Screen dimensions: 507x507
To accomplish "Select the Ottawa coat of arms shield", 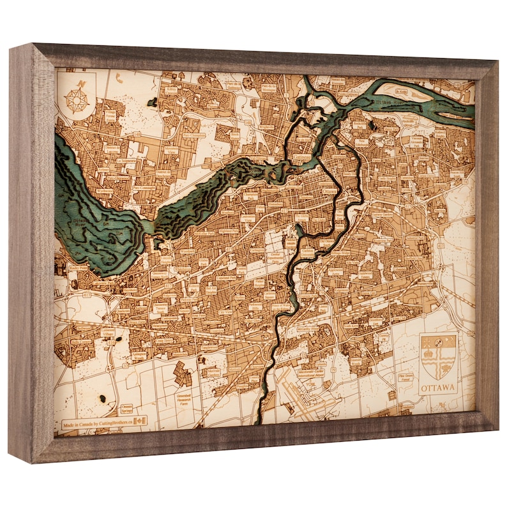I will (438, 357).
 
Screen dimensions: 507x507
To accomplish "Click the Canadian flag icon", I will (140, 421).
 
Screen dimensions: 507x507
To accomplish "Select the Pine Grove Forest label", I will (405, 378).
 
